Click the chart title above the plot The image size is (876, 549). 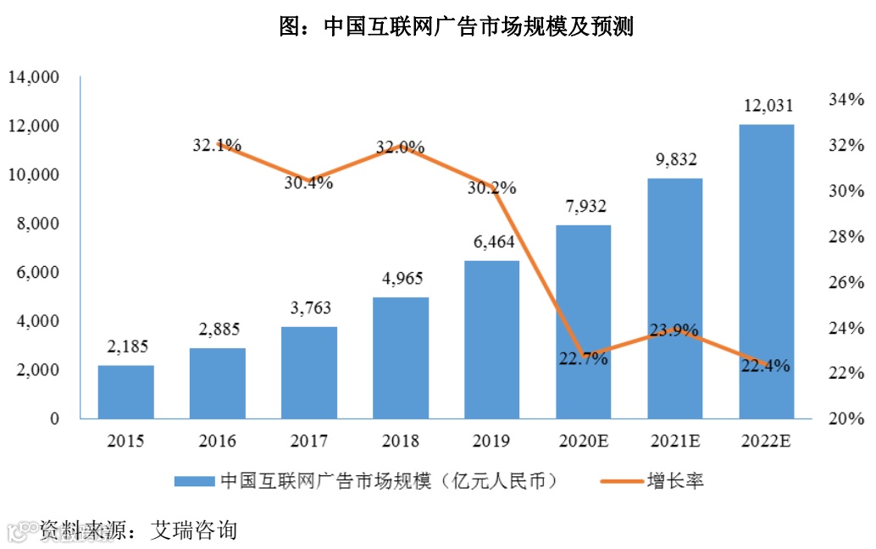click(x=457, y=27)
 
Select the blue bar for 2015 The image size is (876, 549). click(x=126, y=391)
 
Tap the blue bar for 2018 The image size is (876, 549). click(x=401, y=358)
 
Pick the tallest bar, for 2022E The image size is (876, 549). click(x=767, y=271)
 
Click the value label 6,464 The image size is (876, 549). click(x=492, y=242)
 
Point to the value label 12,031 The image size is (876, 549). click(x=768, y=106)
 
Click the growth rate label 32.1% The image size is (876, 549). click(x=217, y=145)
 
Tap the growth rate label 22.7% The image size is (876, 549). click(x=583, y=358)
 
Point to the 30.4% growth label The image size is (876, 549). click(x=308, y=183)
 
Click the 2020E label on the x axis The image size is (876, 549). click(x=583, y=441)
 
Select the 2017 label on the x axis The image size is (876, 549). click(x=309, y=441)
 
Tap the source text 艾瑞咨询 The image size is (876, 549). click(x=193, y=530)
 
